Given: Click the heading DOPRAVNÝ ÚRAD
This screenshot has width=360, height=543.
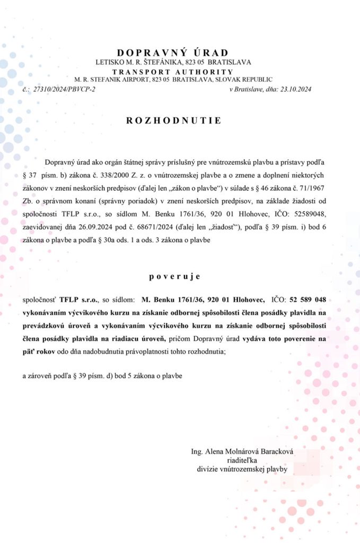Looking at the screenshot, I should (172, 53).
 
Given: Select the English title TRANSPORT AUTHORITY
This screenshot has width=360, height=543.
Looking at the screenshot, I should (172, 72).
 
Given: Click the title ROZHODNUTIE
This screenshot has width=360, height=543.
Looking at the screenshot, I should (173, 121).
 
